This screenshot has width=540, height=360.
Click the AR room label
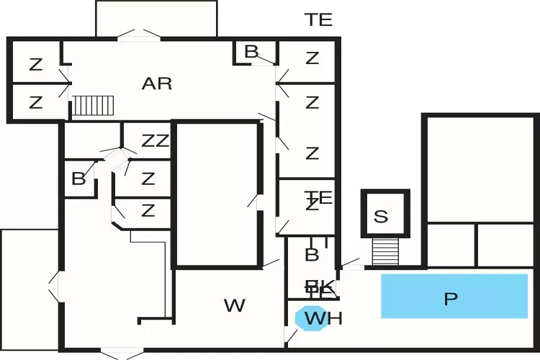coord(157,84)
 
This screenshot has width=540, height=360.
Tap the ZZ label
coord(155,141)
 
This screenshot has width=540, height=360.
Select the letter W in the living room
coord(235,306)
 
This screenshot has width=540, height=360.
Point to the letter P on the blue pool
coord(451,299)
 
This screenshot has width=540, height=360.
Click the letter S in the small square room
coord(381,216)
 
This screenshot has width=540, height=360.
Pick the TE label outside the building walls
coord(318,20)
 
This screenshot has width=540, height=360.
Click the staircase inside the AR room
coord(93,106)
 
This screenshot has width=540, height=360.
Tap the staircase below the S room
coord(385,251)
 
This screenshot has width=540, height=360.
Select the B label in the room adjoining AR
coord(251,51)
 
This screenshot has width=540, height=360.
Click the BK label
coord(320,288)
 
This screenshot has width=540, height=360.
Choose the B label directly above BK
coord(312,254)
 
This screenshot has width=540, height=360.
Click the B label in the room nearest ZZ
coord(78,179)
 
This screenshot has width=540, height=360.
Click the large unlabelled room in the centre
coord(217,194)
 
